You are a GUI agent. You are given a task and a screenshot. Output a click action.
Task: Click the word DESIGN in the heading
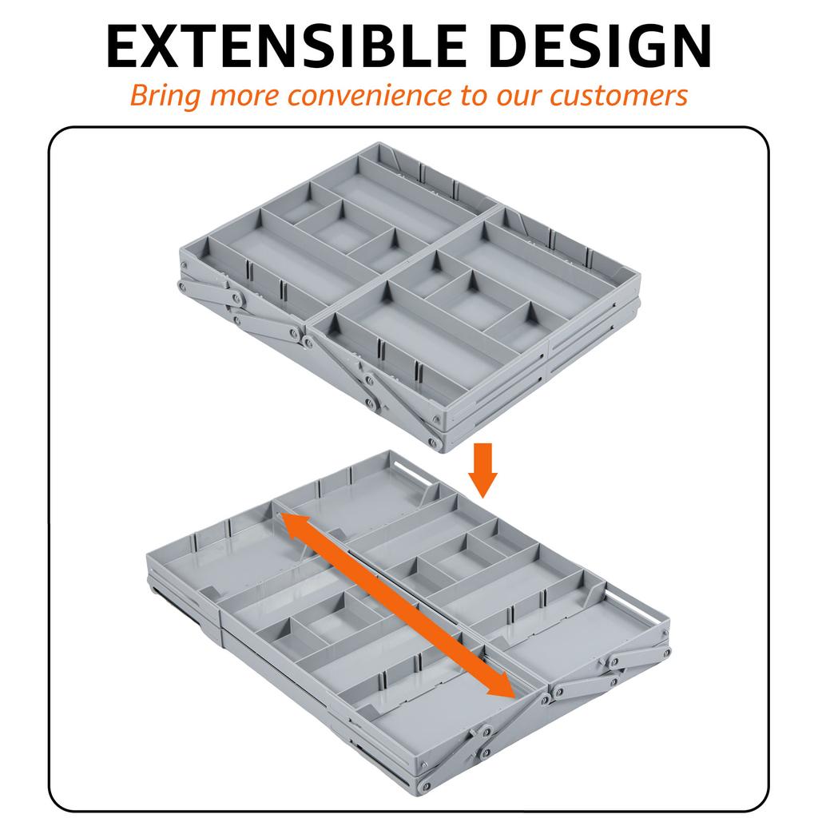(602, 46)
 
